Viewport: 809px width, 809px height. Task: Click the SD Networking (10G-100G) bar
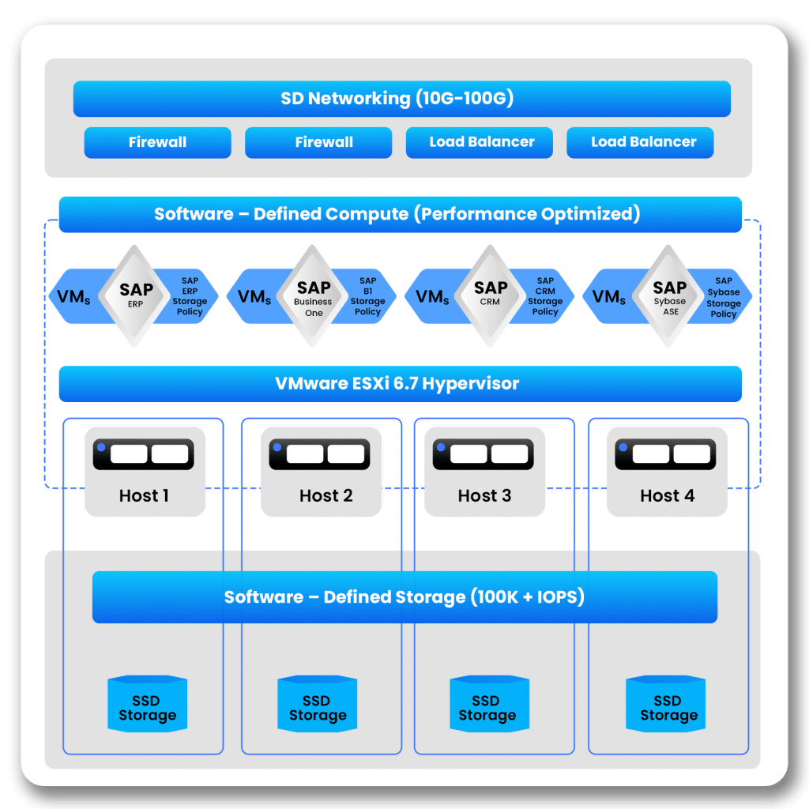coord(401,99)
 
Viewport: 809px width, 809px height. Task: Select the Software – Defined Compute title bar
coord(400,214)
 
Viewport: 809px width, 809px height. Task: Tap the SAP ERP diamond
coord(136,295)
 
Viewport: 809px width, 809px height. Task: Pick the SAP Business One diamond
coord(314,295)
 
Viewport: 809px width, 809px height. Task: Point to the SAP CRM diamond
coord(491,295)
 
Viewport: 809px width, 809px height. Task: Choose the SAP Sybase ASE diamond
coord(670,295)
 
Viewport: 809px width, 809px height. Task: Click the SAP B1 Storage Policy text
coord(367,296)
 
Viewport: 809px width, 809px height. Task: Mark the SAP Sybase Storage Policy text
coord(724,297)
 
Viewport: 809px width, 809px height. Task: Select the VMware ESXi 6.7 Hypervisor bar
coord(400,384)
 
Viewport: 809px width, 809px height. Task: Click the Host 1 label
coord(144,496)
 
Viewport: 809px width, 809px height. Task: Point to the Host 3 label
coord(484,496)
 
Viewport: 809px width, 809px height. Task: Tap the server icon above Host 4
coord(666,454)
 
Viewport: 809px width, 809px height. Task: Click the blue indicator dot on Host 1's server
coord(101,448)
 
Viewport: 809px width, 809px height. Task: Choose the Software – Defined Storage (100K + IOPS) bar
coord(404,596)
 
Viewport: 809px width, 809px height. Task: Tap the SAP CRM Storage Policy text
coord(545,296)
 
